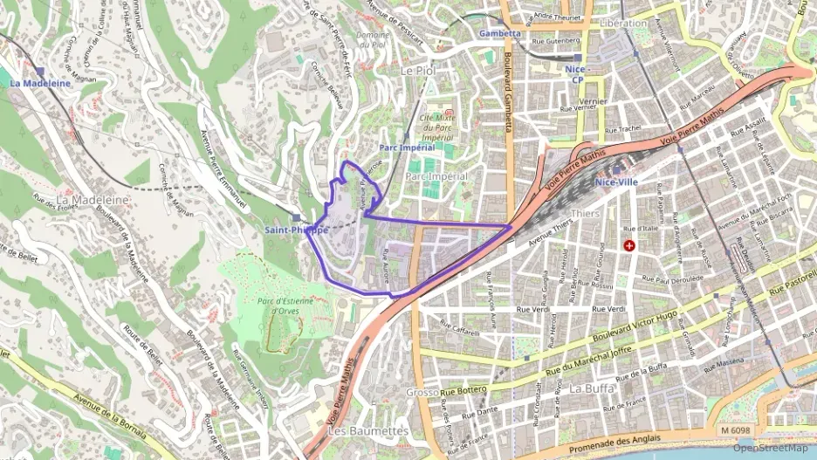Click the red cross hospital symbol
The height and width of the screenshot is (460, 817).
[x=629, y=246]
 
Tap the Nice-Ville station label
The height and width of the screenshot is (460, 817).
[x=616, y=182]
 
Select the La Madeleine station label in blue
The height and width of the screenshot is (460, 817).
[x=40, y=83]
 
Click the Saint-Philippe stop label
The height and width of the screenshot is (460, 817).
[x=297, y=230]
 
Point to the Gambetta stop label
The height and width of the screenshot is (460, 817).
[x=500, y=34]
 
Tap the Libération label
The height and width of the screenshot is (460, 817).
[x=624, y=24]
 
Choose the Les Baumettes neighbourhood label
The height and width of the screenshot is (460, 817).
[x=367, y=431]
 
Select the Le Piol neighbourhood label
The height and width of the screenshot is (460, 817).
[x=417, y=70]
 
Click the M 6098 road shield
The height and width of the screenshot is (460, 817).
[x=737, y=430]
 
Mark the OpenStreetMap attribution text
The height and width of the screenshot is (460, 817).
[x=771, y=449]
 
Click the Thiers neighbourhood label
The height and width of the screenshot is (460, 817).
[x=584, y=213]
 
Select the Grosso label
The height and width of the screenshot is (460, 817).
[x=422, y=393]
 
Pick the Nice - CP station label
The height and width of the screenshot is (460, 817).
[x=577, y=74]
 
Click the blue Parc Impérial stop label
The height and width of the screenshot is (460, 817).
[x=407, y=148]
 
